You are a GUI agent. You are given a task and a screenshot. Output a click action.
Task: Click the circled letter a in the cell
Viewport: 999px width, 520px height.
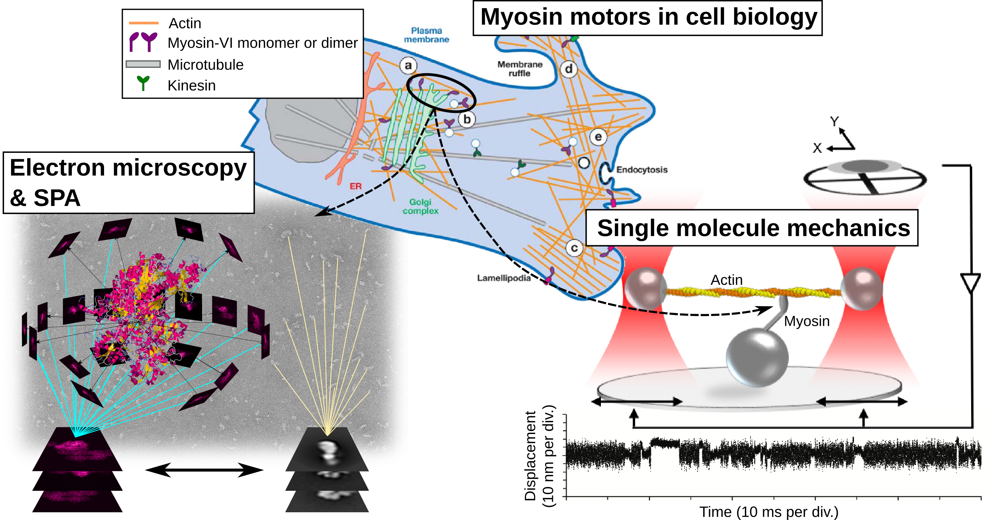point(408,66)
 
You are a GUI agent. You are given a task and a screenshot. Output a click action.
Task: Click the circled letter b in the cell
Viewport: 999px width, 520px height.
point(467,120)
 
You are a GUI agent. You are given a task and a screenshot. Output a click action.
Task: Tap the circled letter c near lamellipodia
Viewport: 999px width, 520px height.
point(574,248)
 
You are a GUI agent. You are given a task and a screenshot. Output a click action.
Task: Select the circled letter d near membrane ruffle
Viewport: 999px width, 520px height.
point(569,69)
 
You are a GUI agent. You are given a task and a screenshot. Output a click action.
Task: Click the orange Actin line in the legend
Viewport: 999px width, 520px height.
point(143,23)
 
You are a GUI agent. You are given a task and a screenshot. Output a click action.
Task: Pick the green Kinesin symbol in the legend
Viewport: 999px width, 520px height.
point(143,83)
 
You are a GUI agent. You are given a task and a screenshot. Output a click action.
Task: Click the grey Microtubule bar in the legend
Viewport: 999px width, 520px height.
point(143,64)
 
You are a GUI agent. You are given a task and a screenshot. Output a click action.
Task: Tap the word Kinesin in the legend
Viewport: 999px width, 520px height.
point(192,85)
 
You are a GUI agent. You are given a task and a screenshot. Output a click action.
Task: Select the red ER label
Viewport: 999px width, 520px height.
point(355,186)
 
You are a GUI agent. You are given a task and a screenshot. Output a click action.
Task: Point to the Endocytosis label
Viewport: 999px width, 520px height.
point(642,170)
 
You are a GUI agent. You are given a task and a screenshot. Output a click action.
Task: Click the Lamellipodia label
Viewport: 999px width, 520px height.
point(504,278)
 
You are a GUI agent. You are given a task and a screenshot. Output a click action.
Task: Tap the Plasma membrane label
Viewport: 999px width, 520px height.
point(426,35)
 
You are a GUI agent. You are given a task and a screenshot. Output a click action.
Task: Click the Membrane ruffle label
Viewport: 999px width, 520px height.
point(520,69)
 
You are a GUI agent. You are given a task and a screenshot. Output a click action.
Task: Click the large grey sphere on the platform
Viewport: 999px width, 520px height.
point(757,357)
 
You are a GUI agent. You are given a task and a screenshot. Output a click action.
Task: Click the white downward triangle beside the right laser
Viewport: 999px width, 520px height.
point(971,282)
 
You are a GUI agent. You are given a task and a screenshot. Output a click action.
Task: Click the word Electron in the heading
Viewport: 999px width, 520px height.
point(57,168)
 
